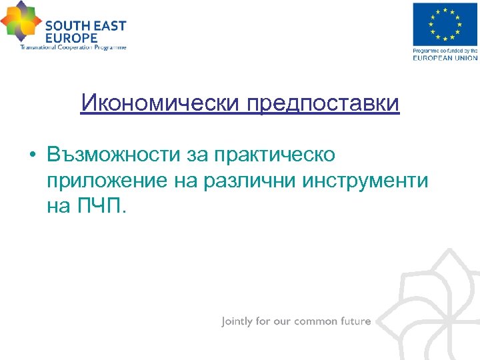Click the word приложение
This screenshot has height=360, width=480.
coord(107,181)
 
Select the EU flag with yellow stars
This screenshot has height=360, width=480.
coord(445,25)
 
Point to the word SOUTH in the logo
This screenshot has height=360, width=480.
coord(65,26)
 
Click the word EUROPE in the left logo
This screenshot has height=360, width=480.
coord(71,38)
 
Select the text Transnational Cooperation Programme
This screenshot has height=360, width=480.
coord(73,47)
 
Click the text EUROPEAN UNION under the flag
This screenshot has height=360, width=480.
coord(445,58)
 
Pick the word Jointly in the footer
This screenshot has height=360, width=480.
coord(237,321)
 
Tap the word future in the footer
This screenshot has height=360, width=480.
coord(355,321)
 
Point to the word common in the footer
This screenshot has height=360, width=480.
coord(316,321)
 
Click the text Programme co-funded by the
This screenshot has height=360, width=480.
coord(445,51)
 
